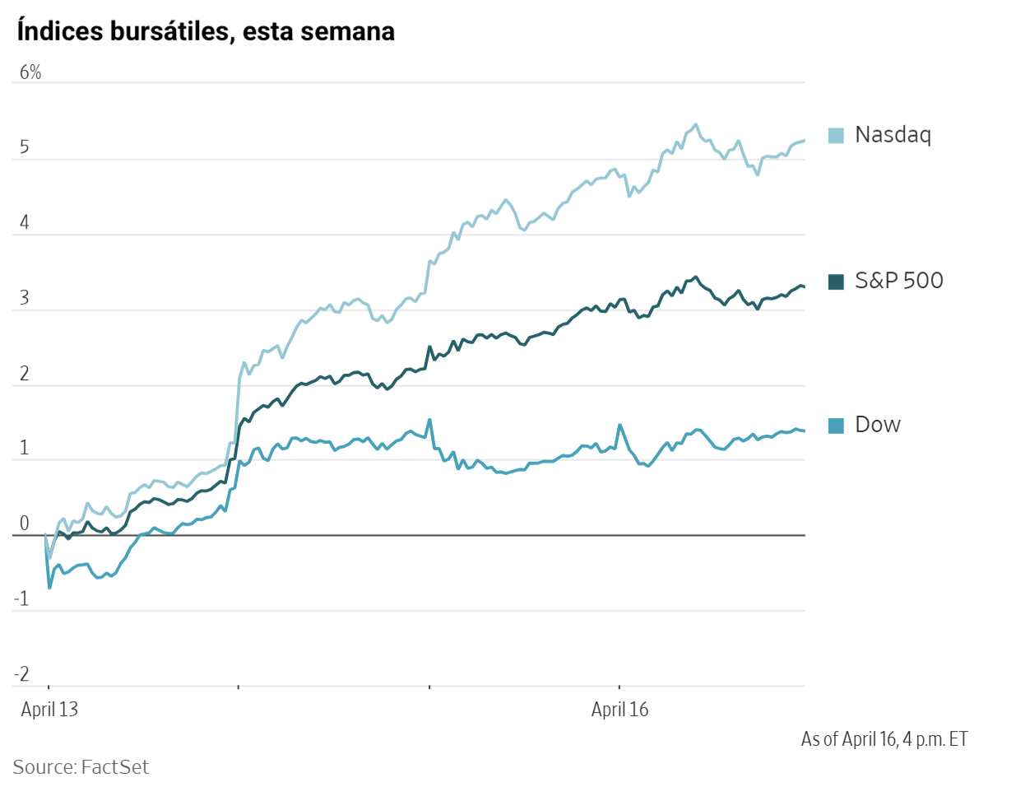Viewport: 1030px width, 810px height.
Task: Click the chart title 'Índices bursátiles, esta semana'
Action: pos(206,31)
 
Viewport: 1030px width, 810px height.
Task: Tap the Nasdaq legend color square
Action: pos(836,135)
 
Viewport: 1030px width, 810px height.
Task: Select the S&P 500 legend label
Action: pos(898,281)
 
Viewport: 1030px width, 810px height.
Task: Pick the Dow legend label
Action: pos(877,425)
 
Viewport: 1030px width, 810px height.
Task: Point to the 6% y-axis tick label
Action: pos(30,72)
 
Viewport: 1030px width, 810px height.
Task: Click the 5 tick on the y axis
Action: pos(25,147)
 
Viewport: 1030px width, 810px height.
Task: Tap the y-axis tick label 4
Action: pos(25,223)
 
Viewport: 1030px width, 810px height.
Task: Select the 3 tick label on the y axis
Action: pos(25,298)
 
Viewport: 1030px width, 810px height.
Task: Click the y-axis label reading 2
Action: pos(25,374)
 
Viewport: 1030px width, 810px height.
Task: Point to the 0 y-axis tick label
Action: pos(25,524)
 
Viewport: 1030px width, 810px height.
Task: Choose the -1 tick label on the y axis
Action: pos(22,599)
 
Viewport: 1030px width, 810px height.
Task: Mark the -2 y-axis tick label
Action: pos(22,674)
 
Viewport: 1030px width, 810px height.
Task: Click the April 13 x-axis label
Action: pos(49,710)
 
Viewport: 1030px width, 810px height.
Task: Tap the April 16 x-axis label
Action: pos(619,710)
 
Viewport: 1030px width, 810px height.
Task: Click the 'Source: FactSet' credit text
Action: pos(81,767)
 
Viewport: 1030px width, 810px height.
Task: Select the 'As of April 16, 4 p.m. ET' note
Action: pos(884,739)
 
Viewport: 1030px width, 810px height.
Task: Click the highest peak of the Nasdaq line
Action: pos(696,124)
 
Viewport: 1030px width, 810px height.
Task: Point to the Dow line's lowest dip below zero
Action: pos(49,588)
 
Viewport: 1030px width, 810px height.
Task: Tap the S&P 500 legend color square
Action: pos(836,282)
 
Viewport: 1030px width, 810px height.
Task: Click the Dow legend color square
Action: pos(836,426)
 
